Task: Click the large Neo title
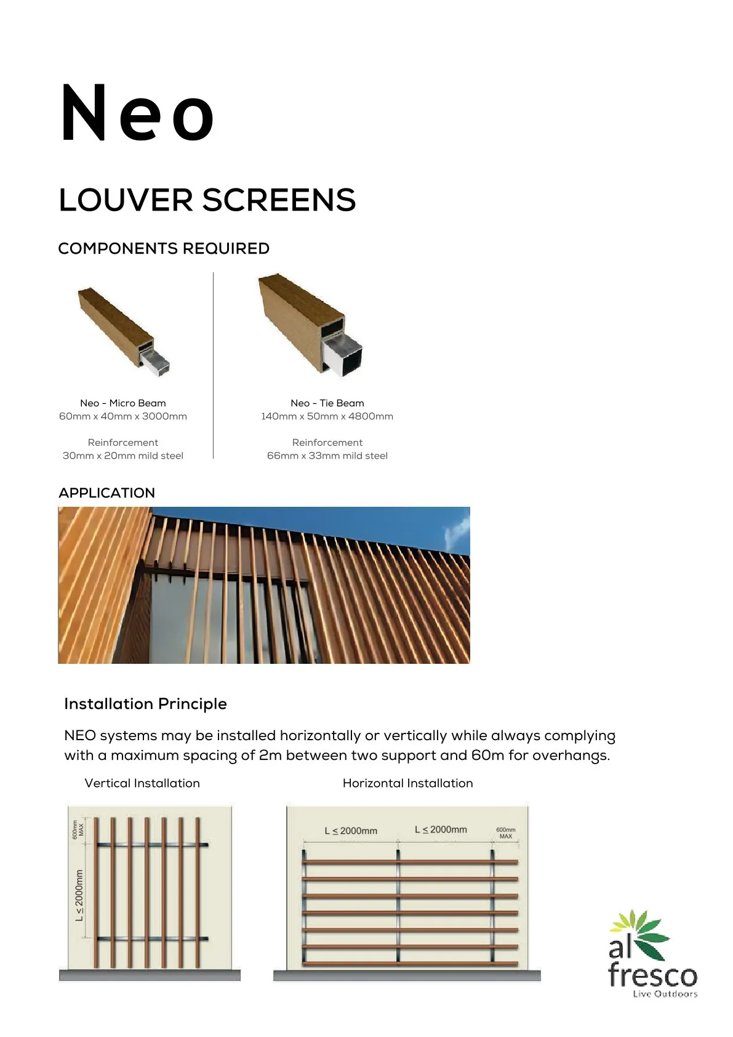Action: tap(137, 114)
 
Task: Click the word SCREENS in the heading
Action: tap(279, 200)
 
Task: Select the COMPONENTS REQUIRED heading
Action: tap(164, 249)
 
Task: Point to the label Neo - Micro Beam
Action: tap(123, 403)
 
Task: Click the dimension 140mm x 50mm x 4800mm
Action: tap(327, 416)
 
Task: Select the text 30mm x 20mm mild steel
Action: tap(123, 456)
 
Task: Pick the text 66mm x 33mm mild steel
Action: tap(327, 456)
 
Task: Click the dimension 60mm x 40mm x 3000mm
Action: tap(123, 416)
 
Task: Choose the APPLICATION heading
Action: tap(106, 493)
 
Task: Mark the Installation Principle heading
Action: tap(145, 704)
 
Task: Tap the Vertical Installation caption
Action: tap(142, 783)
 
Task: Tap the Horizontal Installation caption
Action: tap(407, 783)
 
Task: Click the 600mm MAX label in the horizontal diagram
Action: tap(506, 833)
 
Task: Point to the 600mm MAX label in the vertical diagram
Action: tap(78, 829)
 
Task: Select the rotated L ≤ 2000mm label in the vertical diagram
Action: tap(79, 896)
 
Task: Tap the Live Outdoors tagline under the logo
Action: tap(665, 994)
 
